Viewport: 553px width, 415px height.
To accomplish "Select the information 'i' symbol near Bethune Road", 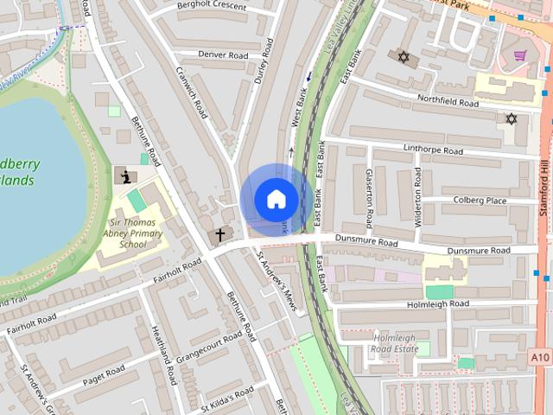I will coord(126,176).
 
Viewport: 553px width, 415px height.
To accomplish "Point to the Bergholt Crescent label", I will coord(211,6).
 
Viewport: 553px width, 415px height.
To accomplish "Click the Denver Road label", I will coord(223,54).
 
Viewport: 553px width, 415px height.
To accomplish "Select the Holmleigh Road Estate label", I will coord(394,343).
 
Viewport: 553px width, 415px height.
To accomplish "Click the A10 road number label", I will coord(540,355).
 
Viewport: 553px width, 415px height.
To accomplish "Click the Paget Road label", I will coord(104,375).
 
